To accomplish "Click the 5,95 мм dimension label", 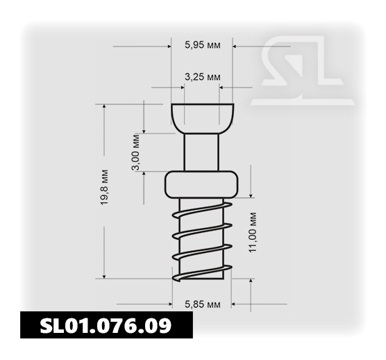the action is (202, 45).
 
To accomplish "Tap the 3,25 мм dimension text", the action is (202, 77).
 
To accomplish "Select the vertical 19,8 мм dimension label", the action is (104, 187).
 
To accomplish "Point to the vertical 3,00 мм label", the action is (135, 152).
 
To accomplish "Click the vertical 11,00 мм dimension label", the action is (253, 232).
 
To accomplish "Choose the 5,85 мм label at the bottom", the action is (202, 304).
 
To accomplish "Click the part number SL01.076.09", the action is (106, 325).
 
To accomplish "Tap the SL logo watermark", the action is (302, 71).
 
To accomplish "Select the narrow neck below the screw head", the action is (201, 152).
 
